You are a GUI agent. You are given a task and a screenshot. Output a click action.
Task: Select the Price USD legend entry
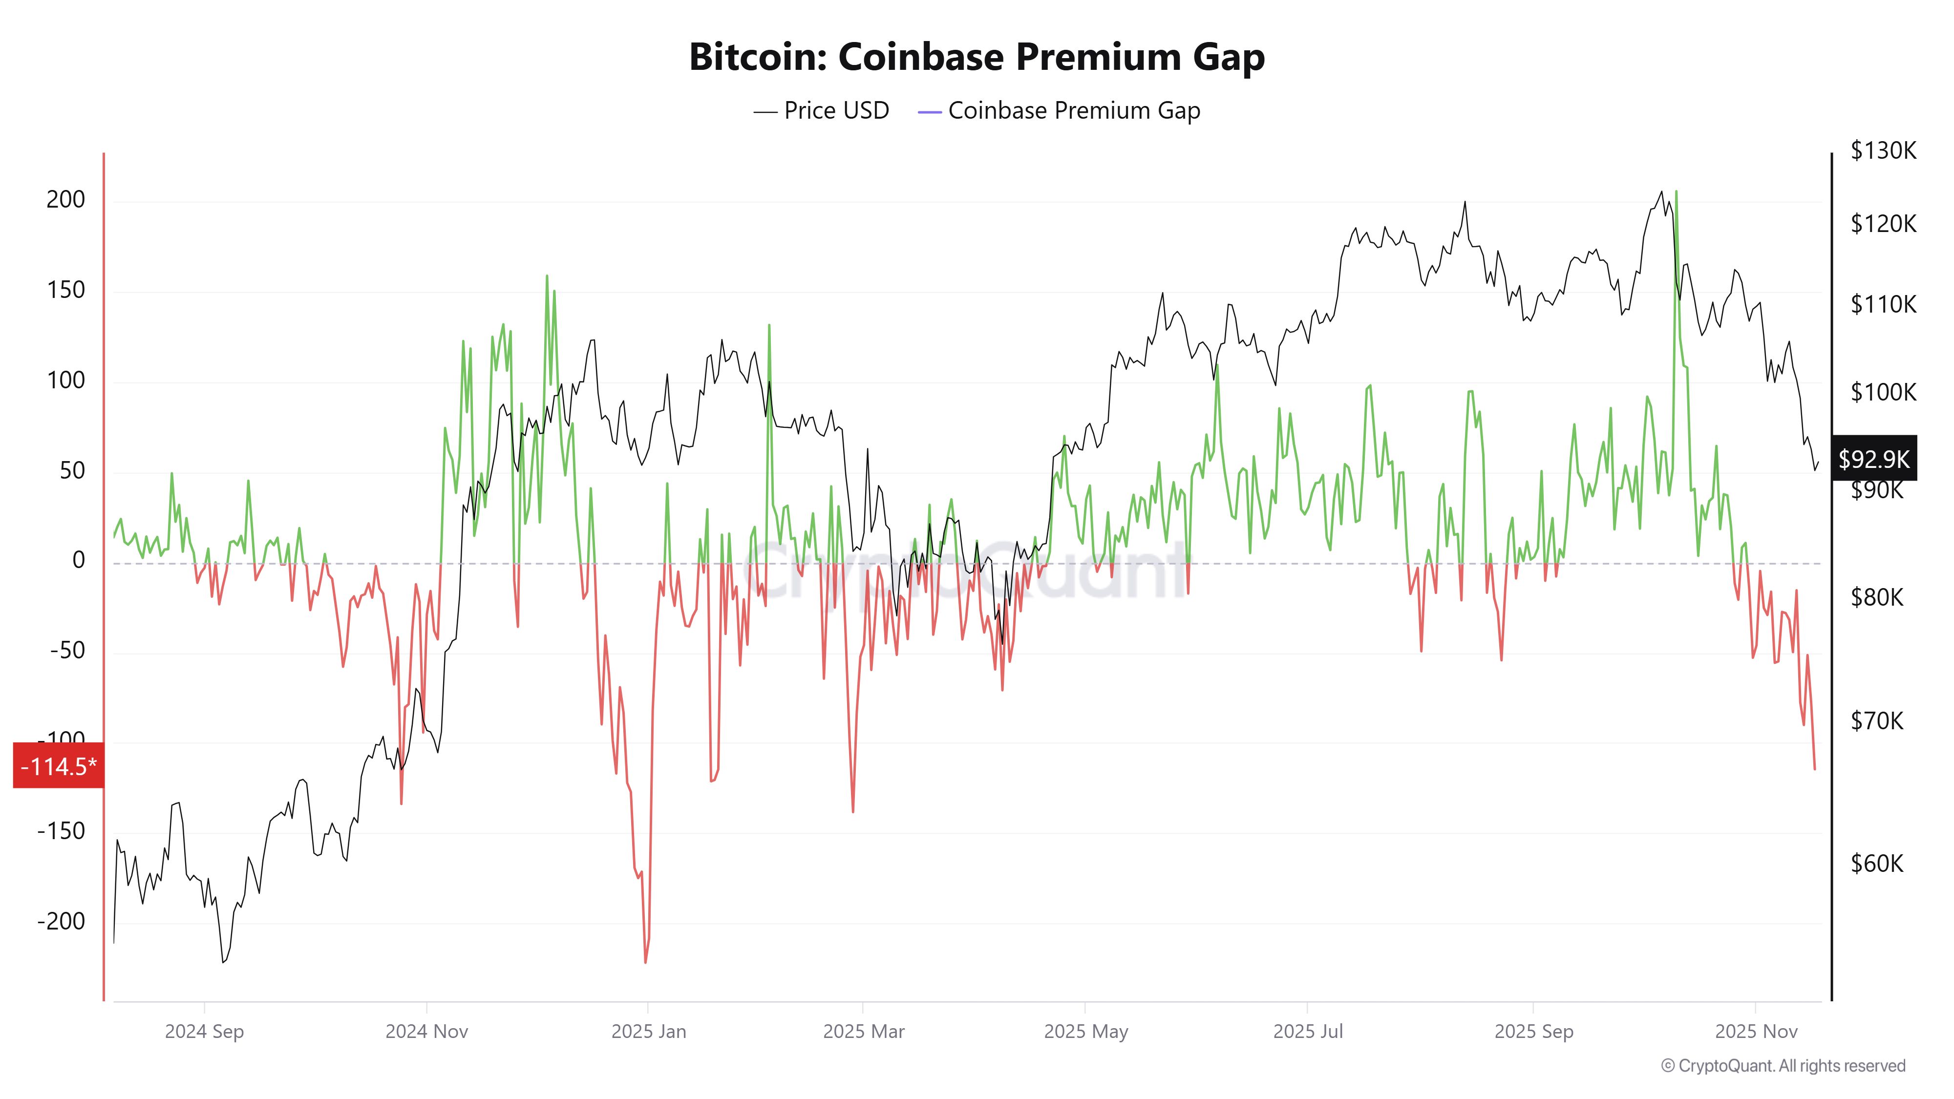[822, 111]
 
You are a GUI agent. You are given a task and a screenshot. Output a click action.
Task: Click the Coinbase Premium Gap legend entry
[1060, 111]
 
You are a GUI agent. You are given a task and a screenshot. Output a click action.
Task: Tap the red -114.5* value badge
[59, 766]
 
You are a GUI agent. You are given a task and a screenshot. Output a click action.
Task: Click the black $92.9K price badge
[1873, 458]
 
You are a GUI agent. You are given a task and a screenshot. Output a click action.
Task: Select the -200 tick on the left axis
[62, 922]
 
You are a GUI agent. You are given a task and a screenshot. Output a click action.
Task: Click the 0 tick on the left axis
[78, 561]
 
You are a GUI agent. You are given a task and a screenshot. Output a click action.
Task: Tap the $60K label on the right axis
[1877, 863]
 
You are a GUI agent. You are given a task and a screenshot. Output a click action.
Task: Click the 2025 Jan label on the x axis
[649, 1032]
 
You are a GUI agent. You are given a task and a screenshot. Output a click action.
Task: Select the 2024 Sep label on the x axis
[204, 1032]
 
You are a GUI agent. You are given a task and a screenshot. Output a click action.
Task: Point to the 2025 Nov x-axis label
[1756, 1032]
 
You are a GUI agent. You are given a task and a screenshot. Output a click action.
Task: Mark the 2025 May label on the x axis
[1085, 1032]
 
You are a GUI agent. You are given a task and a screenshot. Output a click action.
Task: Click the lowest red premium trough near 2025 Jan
[645, 962]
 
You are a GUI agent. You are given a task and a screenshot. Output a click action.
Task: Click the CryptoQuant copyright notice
[1783, 1066]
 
